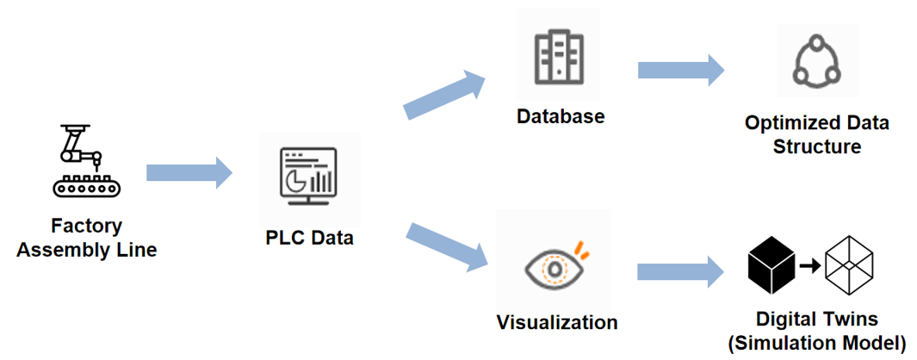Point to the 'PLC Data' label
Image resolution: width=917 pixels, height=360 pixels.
[309, 236]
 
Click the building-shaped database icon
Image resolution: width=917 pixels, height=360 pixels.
[560, 58]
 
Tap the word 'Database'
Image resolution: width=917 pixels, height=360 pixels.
[561, 115]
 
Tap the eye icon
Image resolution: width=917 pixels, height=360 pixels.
[555, 266]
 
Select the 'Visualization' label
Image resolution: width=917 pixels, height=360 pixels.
[557, 323]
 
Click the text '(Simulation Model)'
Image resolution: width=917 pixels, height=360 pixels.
[816, 344]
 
